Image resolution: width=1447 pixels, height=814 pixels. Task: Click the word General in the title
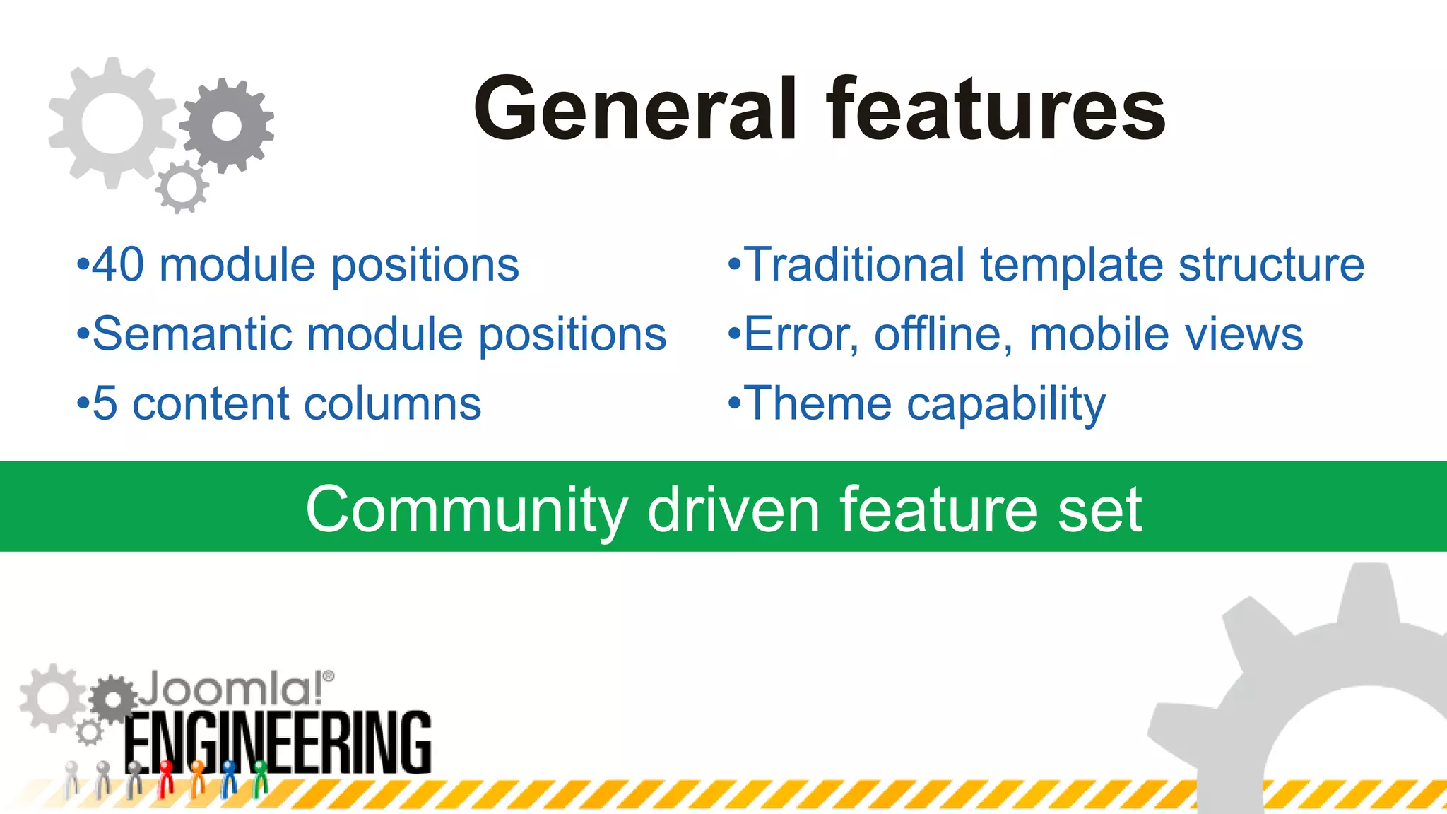(636, 110)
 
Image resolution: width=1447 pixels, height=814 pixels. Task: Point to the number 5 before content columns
(105, 404)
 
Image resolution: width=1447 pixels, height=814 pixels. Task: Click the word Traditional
(855, 265)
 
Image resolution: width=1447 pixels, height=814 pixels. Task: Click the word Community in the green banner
(466, 510)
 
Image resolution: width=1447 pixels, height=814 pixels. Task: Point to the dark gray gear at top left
(226, 126)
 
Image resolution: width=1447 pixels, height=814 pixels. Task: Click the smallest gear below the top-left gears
(182, 187)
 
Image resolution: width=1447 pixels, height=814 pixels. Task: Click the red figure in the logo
(166, 777)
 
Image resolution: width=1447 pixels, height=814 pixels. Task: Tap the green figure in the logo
(260, 777)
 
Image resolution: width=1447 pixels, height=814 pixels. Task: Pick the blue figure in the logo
(229, 777)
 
